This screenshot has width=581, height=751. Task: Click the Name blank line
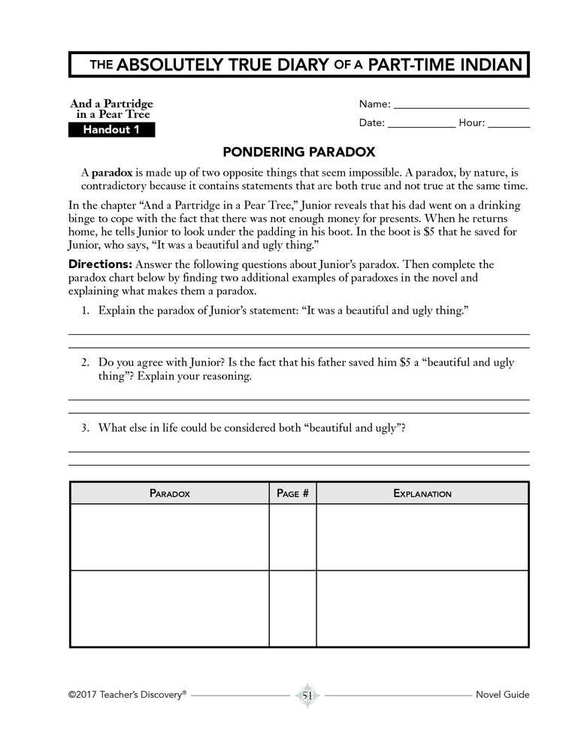pos(461,108)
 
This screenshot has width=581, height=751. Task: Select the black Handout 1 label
pos(111,130)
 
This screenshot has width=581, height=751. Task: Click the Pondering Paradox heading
pos(299,152)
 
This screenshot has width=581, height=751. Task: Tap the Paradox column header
pos(169,493)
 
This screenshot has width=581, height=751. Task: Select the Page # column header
pos(292,493)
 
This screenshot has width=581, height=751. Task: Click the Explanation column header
pos(422,493)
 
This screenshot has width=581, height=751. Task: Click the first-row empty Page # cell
pos(292,537)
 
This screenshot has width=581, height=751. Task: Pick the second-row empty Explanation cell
pos(422,608)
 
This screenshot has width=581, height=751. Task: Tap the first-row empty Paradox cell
pos(169,537)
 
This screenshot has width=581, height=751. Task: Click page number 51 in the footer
pos(307,695)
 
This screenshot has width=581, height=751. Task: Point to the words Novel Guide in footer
pos(502,695)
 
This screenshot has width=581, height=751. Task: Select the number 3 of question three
pos(86,428)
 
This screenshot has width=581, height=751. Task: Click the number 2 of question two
pos(86,363)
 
